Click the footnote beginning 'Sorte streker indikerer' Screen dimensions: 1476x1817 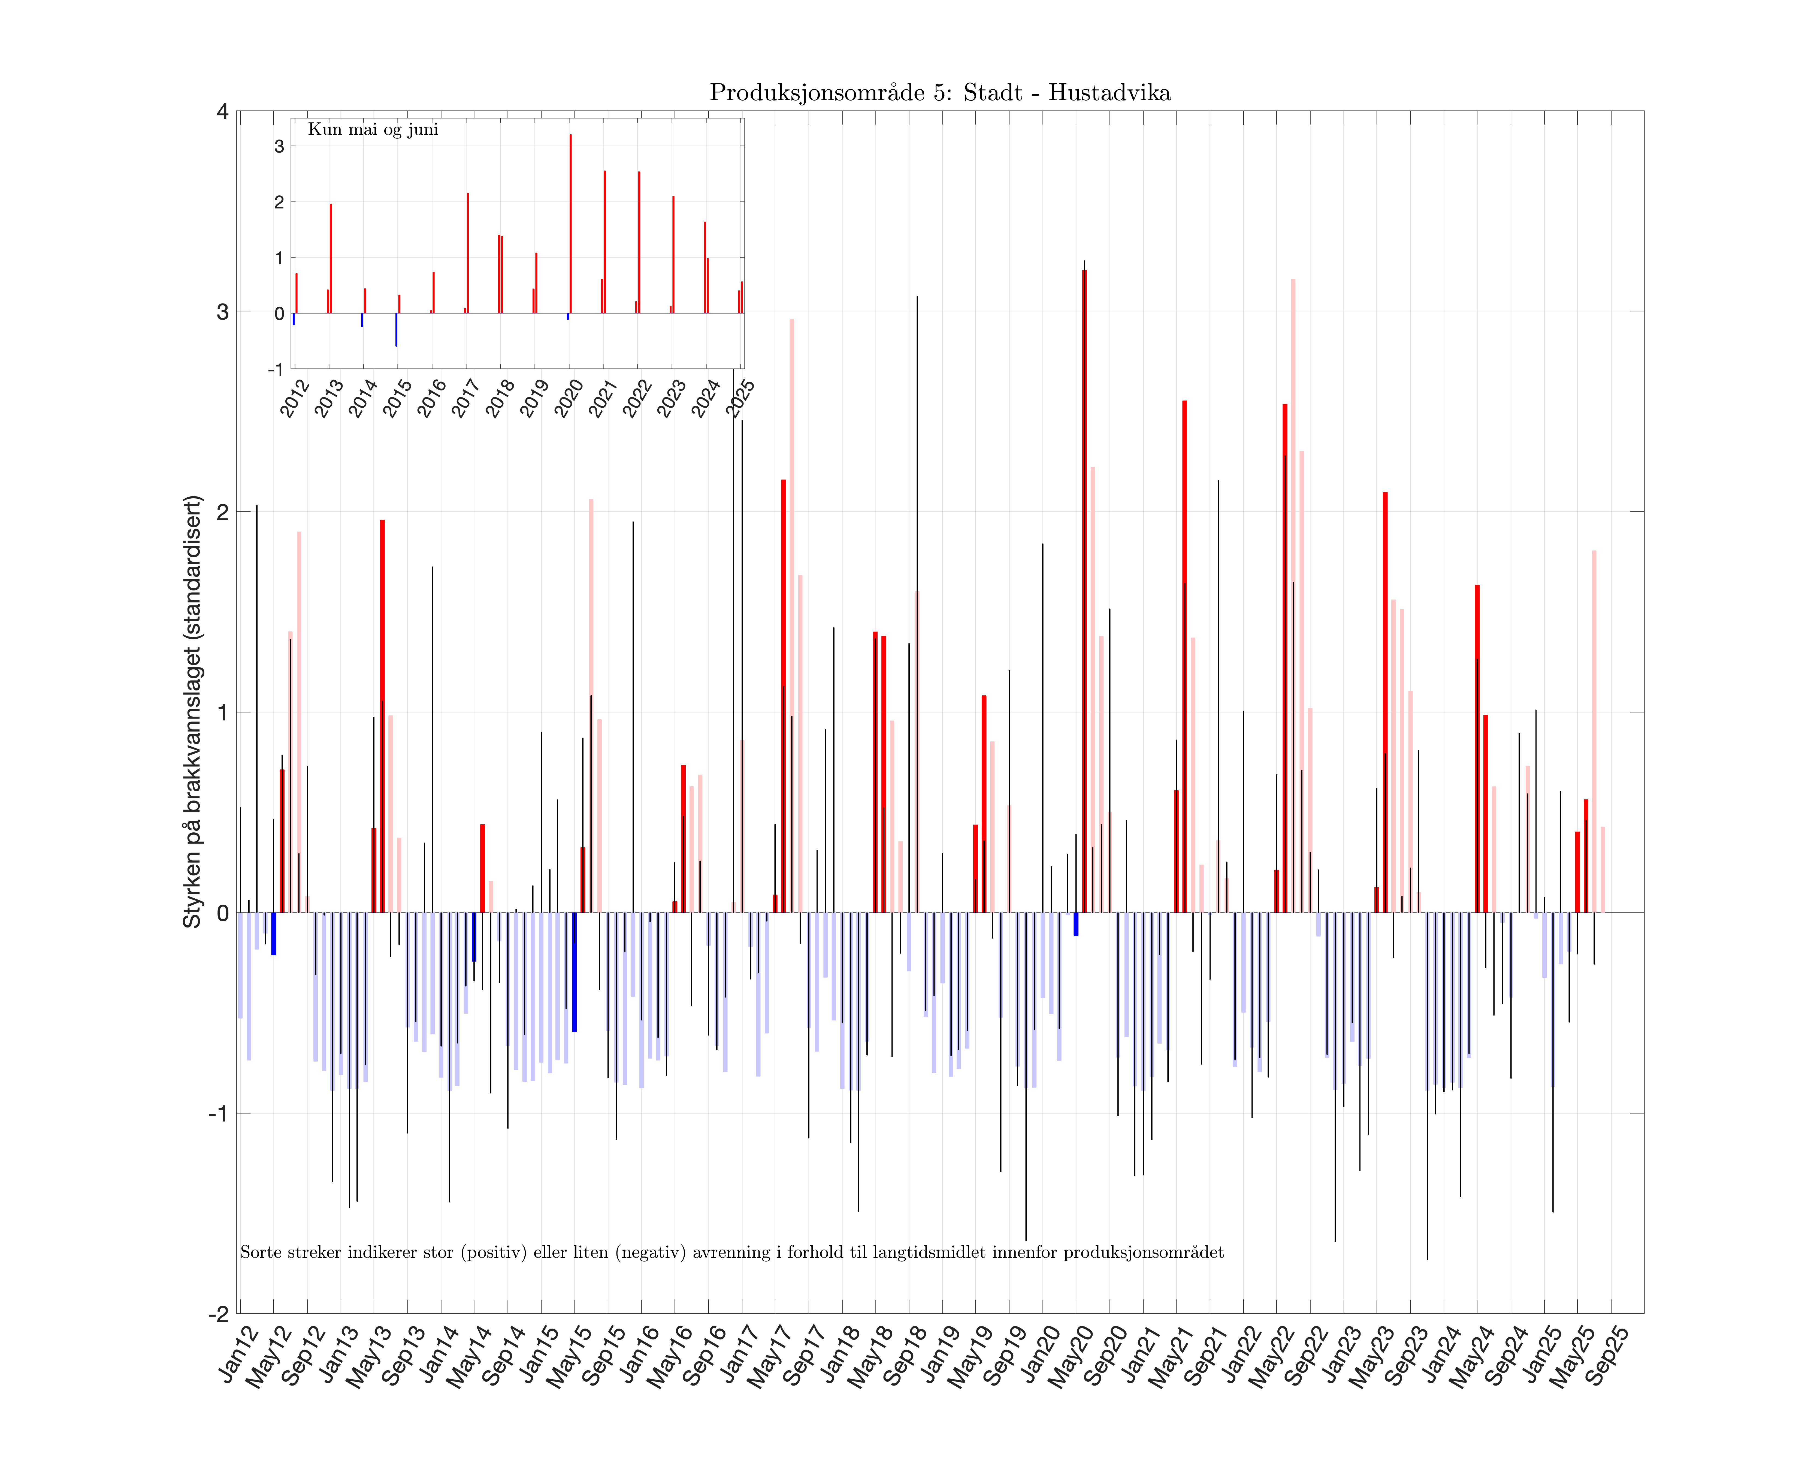(x=731, y=1252)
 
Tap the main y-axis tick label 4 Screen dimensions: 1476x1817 (x=223, y=111)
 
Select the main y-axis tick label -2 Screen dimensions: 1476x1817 (x=219, y=1314)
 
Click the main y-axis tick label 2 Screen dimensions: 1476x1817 (x=223, y=512)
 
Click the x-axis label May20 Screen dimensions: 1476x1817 (x=1070, y=1359)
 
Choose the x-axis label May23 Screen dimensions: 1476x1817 (x=1371, y=1359)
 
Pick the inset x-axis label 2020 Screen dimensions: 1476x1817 (x=569, y=398)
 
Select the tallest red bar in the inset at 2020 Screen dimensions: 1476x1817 (x=570, y=224)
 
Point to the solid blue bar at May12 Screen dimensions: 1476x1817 (x=274, y=934)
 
